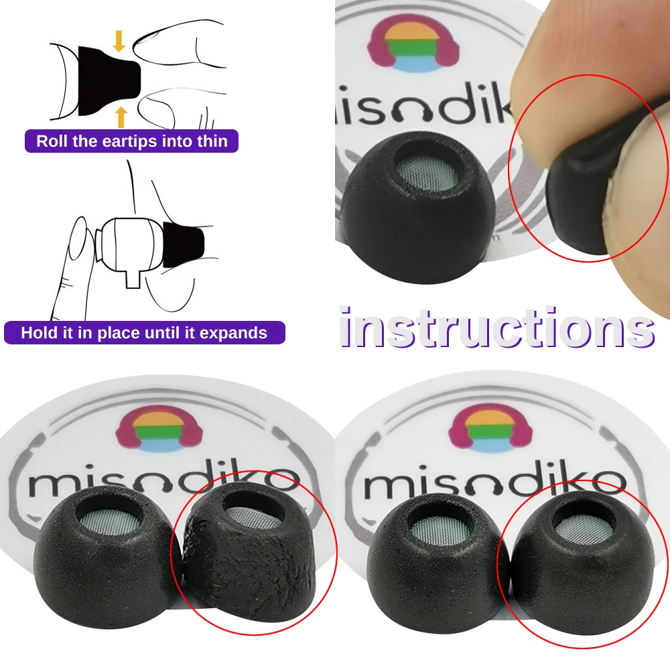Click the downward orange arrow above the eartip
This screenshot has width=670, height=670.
(x=119, y=41)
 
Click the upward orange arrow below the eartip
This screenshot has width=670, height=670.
(x=121, y=117)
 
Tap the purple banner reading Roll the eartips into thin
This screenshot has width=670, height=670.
(x=132, y=141)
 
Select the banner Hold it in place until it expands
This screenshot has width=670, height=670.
(x=144, y=333)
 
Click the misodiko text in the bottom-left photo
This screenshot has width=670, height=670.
(x=161, y=481)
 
